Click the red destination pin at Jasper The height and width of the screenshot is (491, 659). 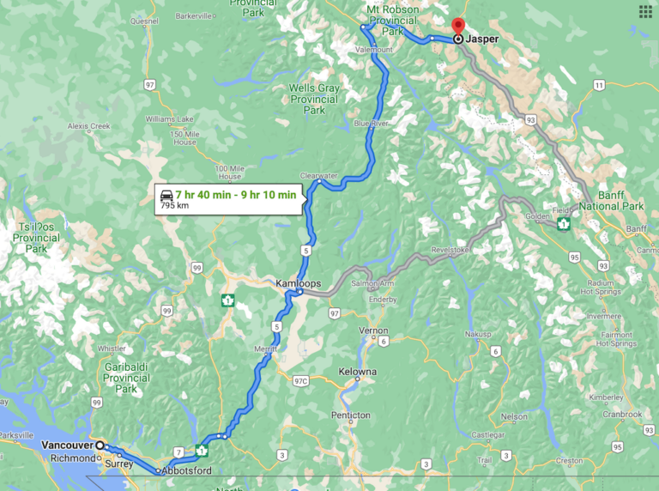point(458,27)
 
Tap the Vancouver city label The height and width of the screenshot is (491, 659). point(67,446)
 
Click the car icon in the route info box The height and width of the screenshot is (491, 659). point(165,195)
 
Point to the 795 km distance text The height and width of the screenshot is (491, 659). point(174,206)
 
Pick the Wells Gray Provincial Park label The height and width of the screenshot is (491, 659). point(313,99)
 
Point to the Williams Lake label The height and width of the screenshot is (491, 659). point(166,118)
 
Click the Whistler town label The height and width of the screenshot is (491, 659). point(112,349)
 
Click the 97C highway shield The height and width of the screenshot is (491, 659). point(300,379)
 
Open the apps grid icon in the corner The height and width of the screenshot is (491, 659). point(645,11)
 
